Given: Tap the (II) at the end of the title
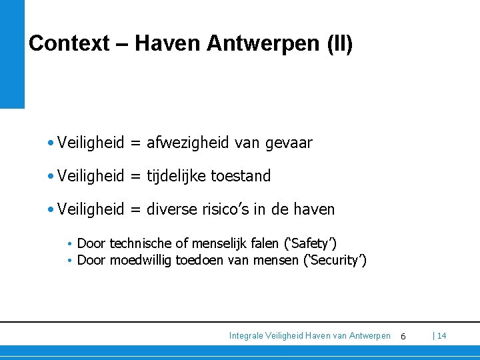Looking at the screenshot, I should coord(340,44).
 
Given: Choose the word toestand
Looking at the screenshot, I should coord(241,176).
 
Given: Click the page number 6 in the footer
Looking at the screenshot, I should coord(403,337).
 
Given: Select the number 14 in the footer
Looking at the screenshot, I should coord(442,336).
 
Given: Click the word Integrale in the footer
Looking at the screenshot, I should coord(246,336).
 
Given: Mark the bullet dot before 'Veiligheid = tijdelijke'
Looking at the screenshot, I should coord(51,176).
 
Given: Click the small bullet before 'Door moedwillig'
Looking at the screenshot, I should coord(70,260).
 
